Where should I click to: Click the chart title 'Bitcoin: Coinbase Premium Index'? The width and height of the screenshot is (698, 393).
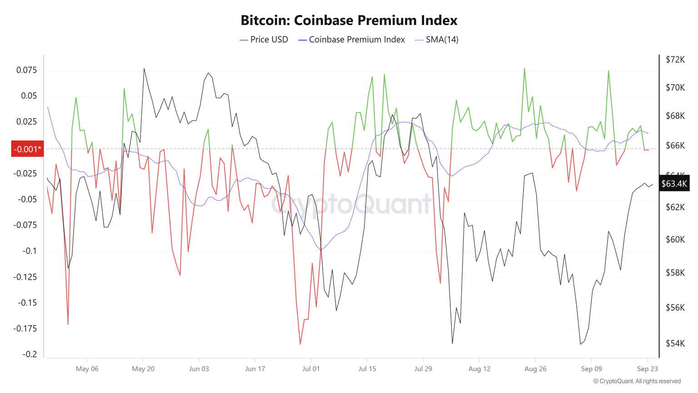pos(349,20)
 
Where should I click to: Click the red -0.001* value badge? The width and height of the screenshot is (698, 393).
pos(27,149)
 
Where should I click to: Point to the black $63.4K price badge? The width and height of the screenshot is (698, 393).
pos(674,184)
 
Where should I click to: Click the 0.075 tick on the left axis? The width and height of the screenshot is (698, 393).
pos(27,70)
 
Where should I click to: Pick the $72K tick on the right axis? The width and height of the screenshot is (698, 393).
pos(675,60)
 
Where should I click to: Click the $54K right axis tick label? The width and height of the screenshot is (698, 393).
pos(675,343)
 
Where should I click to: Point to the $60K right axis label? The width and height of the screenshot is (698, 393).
pos(675,239)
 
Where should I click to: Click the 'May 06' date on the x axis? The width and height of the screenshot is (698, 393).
pos(87,368)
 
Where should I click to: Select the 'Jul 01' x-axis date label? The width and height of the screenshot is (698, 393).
pos(311,368)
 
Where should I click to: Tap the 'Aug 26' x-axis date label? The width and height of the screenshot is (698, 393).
pos(535,368)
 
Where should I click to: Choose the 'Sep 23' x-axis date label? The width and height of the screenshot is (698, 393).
pos(647,368)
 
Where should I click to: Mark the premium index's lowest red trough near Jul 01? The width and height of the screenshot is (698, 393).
pos(300,344)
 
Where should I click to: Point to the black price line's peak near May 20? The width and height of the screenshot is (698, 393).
pos(144,69)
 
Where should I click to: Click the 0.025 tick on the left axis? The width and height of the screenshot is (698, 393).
pos(27,121)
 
